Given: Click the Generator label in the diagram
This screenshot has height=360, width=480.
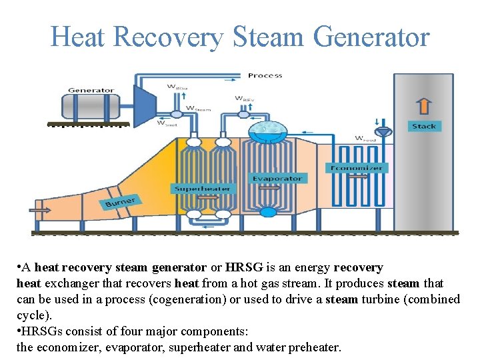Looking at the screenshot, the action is pyautogui.click(x=91, y=90).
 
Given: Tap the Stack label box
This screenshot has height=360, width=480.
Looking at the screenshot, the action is pyautogui.click(x=424, y=126).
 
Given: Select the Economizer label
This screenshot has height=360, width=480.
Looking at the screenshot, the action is pyautogui.click(x=357, y=167).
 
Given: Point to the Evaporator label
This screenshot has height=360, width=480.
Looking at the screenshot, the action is pyautogui.click(x=277, y=178).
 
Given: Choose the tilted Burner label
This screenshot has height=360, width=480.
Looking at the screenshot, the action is pyautogui.click(x=120, y=201).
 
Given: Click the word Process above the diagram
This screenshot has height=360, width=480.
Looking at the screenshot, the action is pyautogui.click(x=265, y=75).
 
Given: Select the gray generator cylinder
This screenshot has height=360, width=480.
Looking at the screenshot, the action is pyautogui.click(x=91, y=105).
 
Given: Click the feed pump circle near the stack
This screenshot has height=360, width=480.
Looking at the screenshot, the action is pyautogui.click(x=400, y=127).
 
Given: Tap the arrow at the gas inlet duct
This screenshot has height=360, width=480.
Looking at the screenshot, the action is pyautogui.click(x=41, y=210).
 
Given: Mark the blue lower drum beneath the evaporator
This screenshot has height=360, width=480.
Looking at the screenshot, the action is pyautogui.click(x=267, y=212).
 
